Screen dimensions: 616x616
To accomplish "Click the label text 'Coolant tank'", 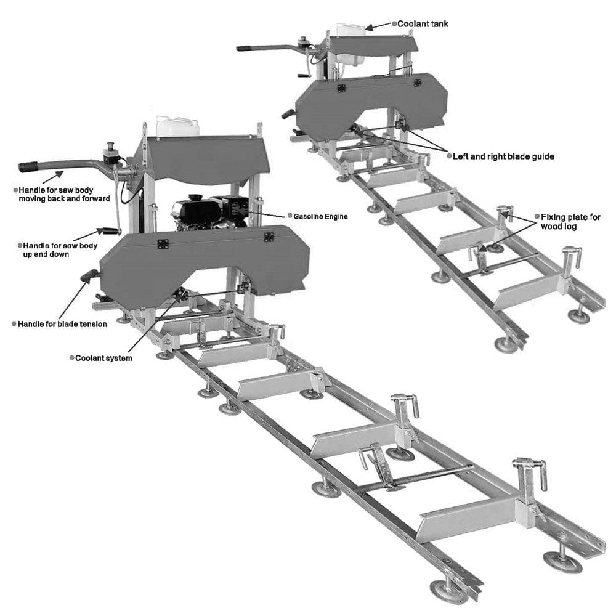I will click(423, 24).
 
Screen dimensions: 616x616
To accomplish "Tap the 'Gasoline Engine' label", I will click(320, 216).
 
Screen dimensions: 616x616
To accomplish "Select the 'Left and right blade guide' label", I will click(503, 156).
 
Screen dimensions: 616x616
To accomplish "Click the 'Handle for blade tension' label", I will click(62, 324).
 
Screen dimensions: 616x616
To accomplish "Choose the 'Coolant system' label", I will click(103, 358).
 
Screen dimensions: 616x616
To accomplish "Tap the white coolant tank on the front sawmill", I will click(177, 126).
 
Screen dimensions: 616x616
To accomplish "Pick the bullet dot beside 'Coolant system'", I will click(71, 357).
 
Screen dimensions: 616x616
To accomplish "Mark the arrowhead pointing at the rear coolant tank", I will click(369, 28).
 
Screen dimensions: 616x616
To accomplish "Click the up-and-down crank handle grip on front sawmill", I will click(110, 231).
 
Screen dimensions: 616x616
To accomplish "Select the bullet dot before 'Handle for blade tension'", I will click(14, 323).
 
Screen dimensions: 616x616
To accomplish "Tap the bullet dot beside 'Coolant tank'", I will click(394, 24).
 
